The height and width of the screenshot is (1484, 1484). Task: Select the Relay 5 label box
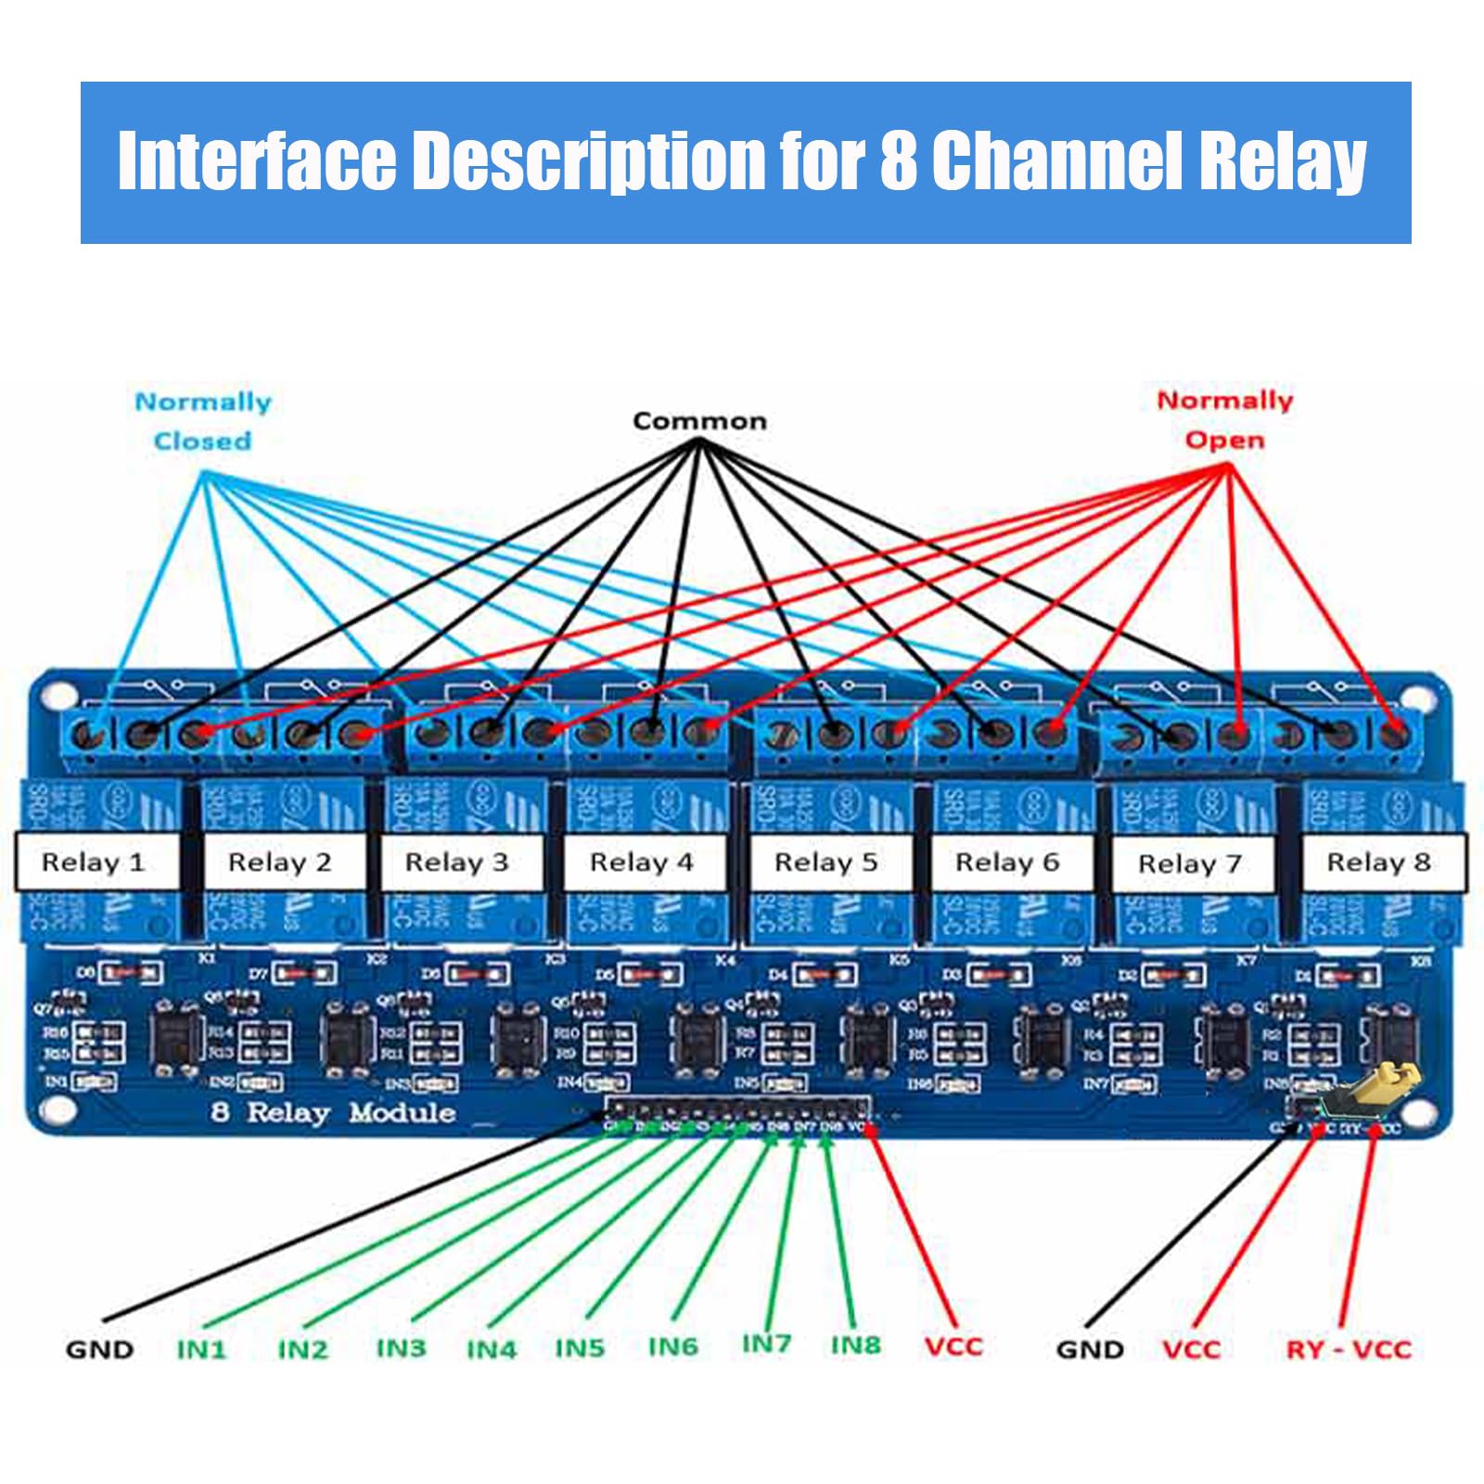[x=825, y=863]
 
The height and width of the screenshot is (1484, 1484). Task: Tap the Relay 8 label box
[x=1378, y=863]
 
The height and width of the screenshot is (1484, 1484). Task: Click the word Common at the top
[x=699, y=421]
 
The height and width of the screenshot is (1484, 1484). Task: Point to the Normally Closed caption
[x=203, y=421]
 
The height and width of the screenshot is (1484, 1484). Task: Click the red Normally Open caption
[x=1224, y=420]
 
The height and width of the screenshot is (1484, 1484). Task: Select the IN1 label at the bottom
[x=201, y=1349]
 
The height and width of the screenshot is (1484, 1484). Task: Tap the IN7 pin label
[x=766, y=1343]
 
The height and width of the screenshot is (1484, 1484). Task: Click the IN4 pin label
[x=491, y=1349]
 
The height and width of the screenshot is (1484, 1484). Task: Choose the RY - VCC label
[x=1348, y=1349]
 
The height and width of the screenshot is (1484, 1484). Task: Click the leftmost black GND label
[x=99, y=1349]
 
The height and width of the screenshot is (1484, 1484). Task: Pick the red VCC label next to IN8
[x=953, y=1346]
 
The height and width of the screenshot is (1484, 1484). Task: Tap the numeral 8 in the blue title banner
[x=898, y=160]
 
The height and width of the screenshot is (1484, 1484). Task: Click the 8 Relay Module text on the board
[x=333, y=1112]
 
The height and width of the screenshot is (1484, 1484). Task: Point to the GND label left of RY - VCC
[x=1090, y=1349]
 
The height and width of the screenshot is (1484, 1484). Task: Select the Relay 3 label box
[x=457, y=863]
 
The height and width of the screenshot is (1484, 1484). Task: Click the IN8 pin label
[x=855, y=1345]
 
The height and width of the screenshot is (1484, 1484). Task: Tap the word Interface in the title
[x=256, y=160]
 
